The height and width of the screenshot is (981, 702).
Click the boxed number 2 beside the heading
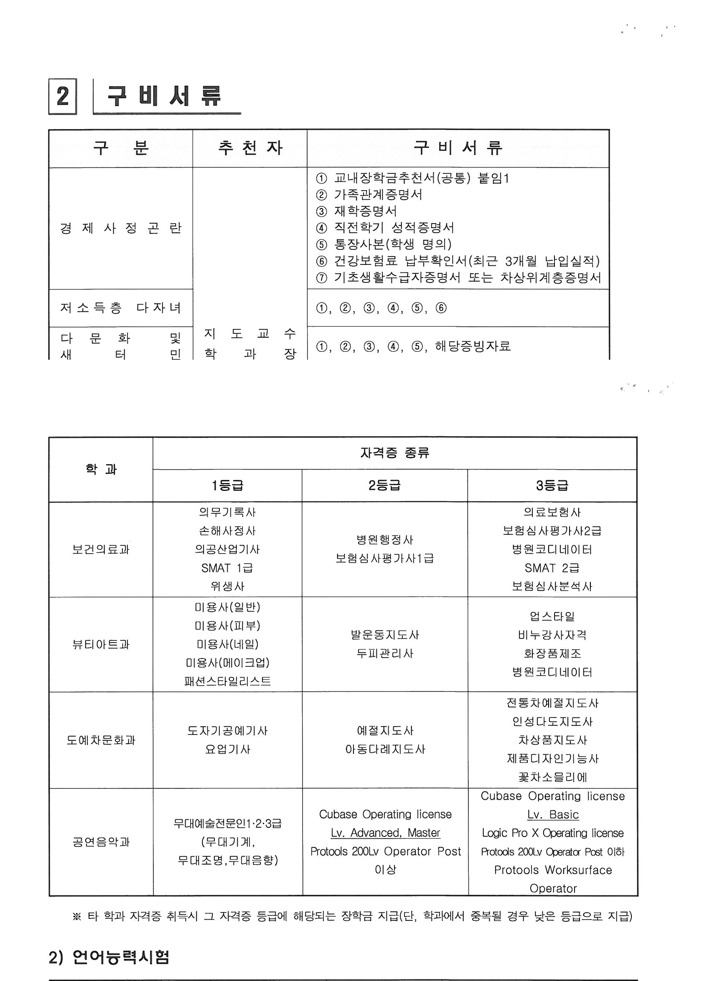[63, 97]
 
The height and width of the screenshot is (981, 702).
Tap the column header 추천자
[250, 148]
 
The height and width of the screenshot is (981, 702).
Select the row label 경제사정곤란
[121, 228]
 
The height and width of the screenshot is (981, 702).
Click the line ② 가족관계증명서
[369, 194]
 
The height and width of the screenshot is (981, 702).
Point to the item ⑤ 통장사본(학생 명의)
[384, 244]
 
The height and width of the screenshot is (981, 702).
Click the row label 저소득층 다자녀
[121, 308]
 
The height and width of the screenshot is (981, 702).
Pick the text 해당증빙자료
[473, 346]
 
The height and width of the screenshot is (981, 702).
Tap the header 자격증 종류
[394, 453]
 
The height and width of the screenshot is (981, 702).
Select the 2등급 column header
[384, 485]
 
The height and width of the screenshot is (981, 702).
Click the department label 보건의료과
[101, 549]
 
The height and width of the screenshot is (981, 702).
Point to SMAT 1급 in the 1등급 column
[227, 567]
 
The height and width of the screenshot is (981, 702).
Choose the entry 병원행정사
[384, 539]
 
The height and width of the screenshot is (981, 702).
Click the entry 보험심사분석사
[552, 586]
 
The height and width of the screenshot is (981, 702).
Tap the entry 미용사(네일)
[227, 644]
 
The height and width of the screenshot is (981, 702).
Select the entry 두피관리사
[384, 653]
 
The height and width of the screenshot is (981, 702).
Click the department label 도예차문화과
[101, 740]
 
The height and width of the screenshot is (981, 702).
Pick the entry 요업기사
[227, 749]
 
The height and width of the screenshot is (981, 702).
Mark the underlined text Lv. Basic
[552, 815]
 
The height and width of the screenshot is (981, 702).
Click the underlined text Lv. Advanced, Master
[385, 833]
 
